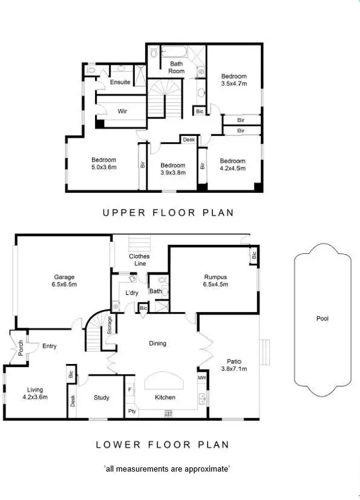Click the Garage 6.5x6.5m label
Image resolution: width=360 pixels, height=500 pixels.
pos(64,280)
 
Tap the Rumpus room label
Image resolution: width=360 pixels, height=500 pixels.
pos(215,281)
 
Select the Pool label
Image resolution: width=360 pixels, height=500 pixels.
pos(322,318)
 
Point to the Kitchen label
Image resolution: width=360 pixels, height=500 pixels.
pos(165,397)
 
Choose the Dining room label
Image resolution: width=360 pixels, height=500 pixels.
pos(157,343)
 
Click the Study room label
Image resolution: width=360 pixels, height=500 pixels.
pos(101,397)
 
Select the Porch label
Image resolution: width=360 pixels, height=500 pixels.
pos(21,349)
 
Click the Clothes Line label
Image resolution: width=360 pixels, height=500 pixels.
pos(139,260)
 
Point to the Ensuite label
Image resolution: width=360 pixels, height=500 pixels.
pos(120,82)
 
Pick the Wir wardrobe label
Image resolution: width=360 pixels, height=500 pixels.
pos(122,111)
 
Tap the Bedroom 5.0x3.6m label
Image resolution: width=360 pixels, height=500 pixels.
pos(103,163)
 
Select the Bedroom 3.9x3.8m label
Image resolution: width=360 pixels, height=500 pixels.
pos(172,169)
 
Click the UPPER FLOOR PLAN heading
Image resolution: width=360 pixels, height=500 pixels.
pos(168,212)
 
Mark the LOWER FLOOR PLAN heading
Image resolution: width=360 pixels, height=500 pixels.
pos(163,444)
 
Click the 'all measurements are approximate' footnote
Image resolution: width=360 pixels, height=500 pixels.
pos(167,469)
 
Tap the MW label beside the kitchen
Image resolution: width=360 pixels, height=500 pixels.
pos(201,378)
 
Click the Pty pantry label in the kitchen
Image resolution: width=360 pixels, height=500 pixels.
pos(131,412)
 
